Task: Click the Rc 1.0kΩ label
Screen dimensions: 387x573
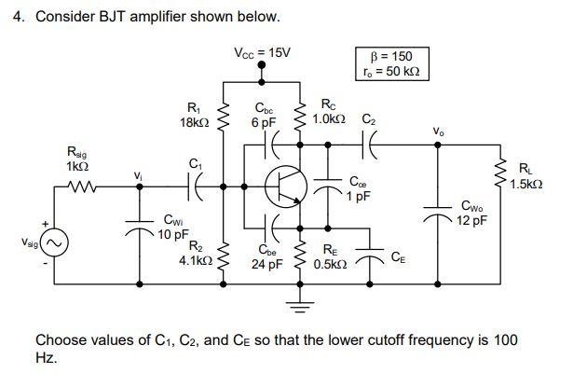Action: (330, 112)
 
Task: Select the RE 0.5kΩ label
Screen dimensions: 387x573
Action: (330, 256)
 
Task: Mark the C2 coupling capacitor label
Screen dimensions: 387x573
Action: (369, 119)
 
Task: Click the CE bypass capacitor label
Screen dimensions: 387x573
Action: (397, 256)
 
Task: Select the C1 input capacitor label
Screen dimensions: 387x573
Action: (195, 163)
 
